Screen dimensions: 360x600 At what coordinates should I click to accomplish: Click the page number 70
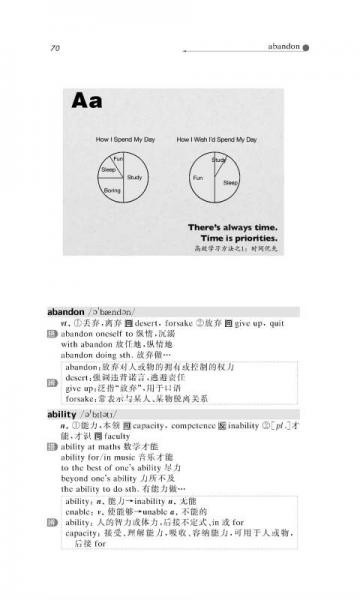(55, 47)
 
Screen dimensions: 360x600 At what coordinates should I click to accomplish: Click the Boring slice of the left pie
(112, 188)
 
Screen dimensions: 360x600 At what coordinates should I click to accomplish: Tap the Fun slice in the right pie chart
(199, 178)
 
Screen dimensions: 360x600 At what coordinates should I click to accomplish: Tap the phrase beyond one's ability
(97, 480)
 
